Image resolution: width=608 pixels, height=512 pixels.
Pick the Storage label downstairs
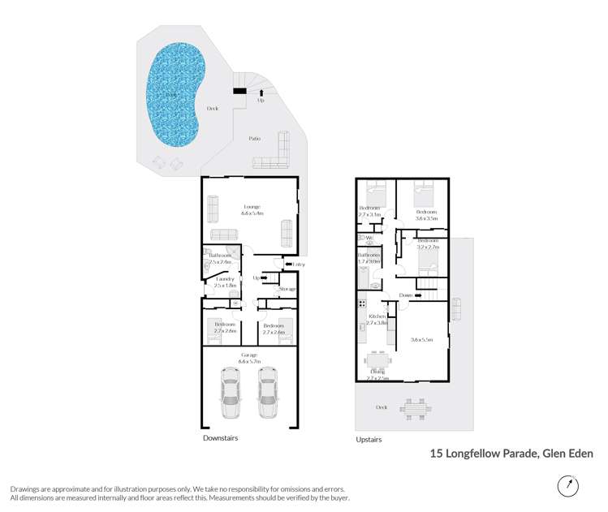287,289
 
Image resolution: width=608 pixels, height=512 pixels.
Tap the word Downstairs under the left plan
221,437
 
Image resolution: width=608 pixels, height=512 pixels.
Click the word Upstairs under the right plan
369,439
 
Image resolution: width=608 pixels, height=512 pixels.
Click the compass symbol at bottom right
568,486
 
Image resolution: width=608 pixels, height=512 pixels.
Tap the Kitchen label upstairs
377,316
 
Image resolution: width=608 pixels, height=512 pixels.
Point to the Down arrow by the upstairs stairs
406,295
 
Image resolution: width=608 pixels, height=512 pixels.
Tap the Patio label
255,139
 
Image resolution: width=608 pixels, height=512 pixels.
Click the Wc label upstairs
370,239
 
